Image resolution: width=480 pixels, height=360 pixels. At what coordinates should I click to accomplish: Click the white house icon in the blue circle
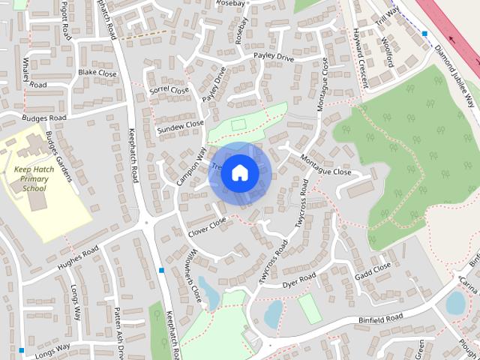tap(239, 172)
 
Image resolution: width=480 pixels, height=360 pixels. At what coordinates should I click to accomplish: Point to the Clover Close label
tap(207, 226)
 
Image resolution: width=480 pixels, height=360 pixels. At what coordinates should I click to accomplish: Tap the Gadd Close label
tap(373, 270)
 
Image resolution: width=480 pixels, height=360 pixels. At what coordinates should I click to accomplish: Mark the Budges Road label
tap(44, 118)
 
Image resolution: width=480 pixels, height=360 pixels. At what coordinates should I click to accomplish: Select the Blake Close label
tap(97, 73)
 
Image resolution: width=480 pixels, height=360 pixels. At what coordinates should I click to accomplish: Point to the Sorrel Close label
tap(170, 90)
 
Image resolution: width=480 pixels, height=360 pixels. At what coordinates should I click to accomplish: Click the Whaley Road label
tap(35, 72)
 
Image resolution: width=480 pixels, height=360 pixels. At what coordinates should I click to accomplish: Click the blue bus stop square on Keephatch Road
tap(161, 270)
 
